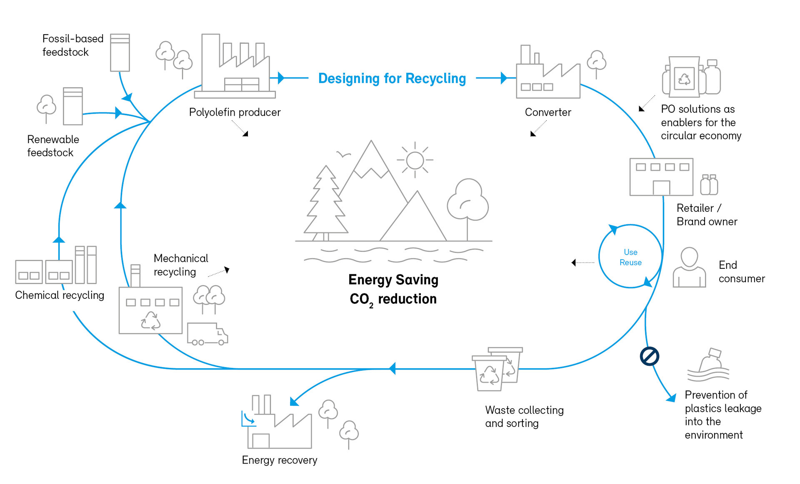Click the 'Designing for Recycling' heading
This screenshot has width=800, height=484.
[392, 78]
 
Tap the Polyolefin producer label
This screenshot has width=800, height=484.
[235, 112]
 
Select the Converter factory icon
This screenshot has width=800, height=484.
[548, 75]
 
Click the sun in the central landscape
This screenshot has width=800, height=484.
[415, 160]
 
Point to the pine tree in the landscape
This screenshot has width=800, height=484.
[325, 204]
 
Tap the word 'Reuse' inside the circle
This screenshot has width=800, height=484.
[630, 263]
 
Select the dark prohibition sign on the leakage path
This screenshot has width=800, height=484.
[649, 356]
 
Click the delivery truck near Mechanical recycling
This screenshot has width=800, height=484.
[207, 334]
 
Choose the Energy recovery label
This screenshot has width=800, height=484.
[280, 460]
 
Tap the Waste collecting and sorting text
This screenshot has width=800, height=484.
[524, 417]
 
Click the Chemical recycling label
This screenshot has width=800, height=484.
[60, 295]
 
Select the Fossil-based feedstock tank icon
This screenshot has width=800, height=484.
[120, 53]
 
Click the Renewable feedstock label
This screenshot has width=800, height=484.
[53, 146]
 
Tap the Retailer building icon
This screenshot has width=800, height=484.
[661, 177]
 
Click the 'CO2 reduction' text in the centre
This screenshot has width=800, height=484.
[393, 299]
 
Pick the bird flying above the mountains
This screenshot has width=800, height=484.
[343, 154]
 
